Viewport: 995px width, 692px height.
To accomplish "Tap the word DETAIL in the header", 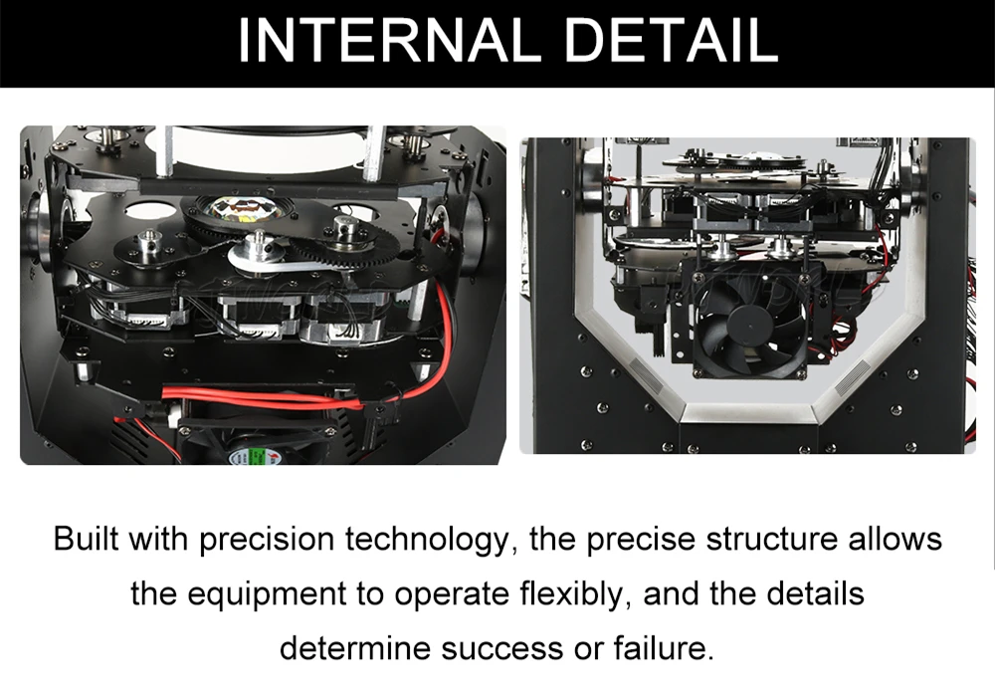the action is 672,40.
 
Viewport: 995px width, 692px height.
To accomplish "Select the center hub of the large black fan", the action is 749,324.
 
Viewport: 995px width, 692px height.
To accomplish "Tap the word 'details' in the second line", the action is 815,593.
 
